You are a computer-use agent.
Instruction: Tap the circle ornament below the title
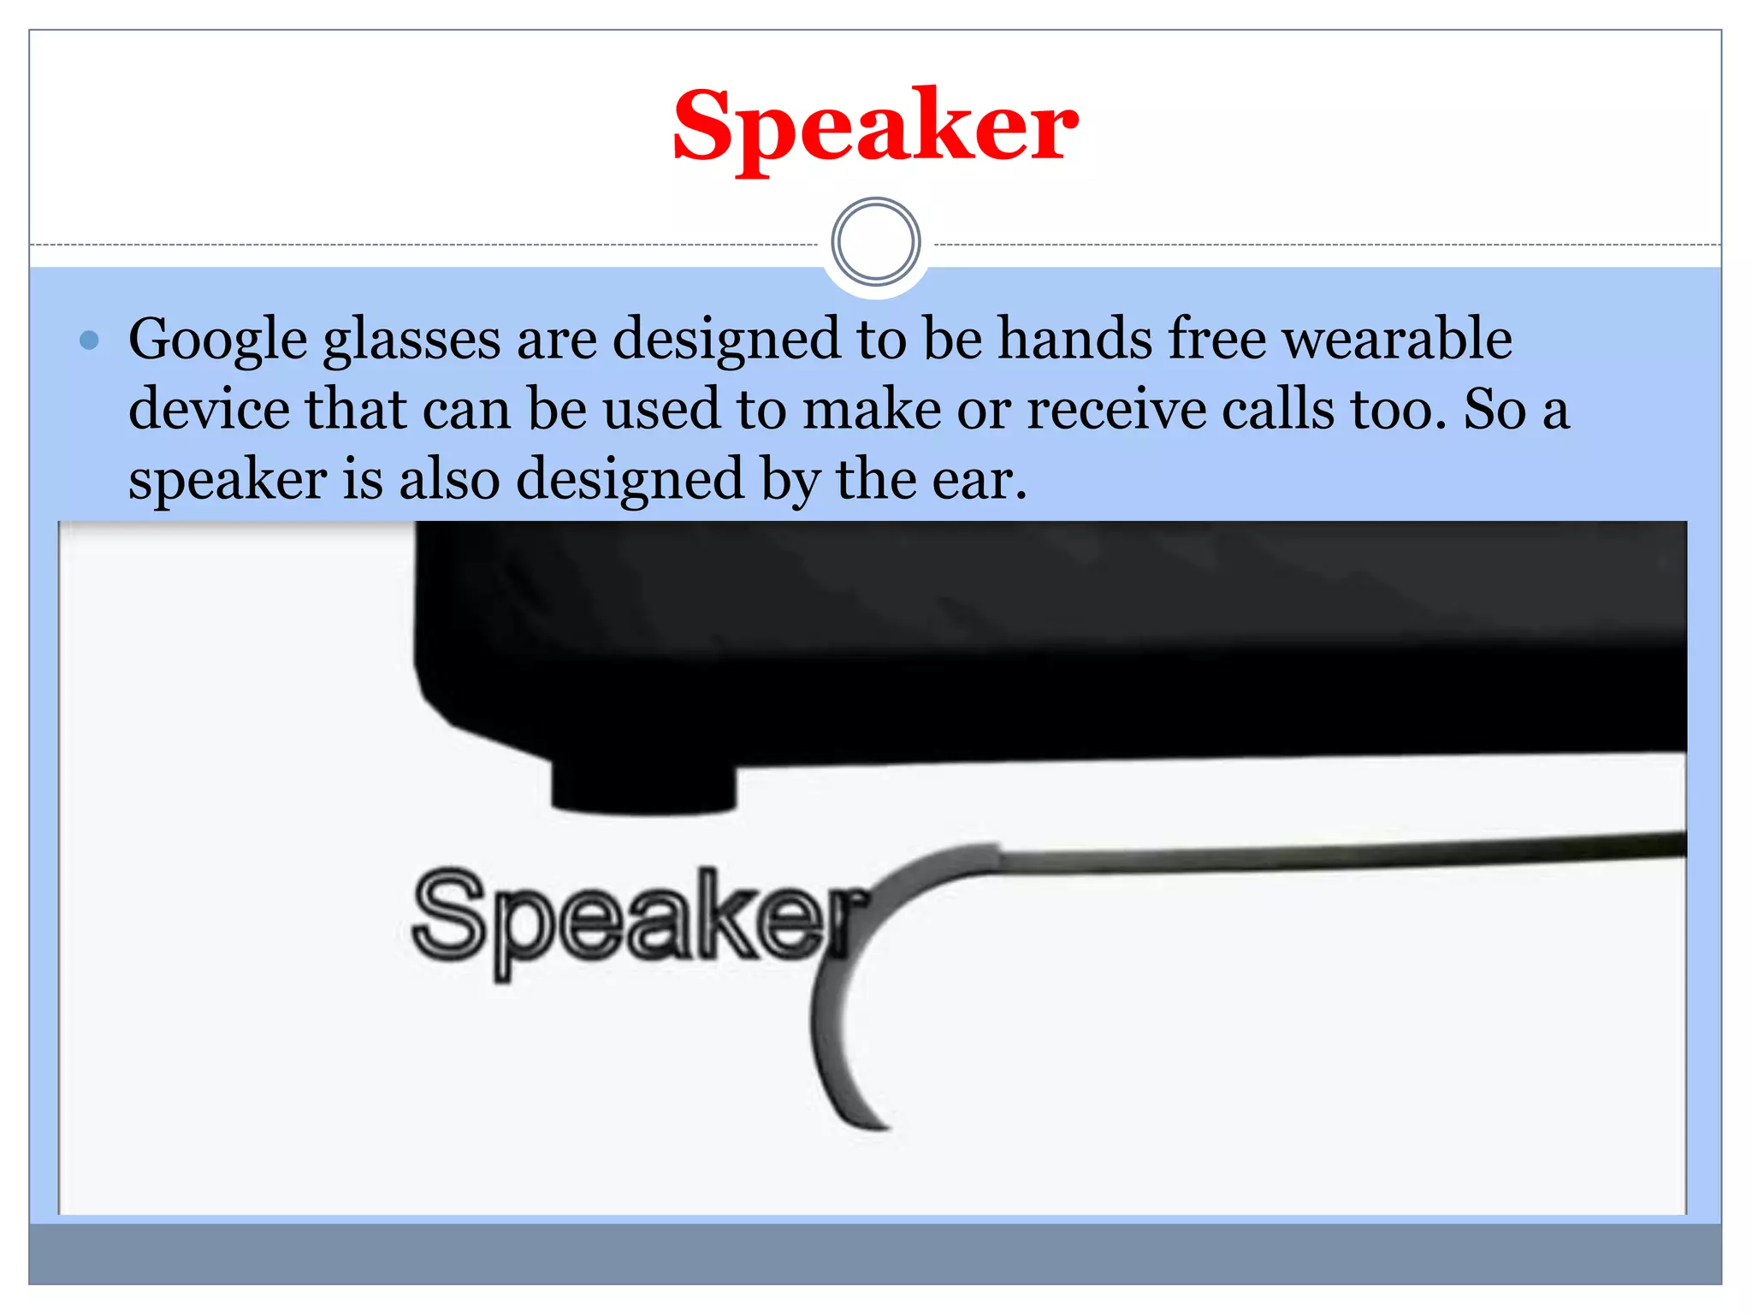click(x=875, y=242)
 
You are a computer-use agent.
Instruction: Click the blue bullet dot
click(x=89, y=340)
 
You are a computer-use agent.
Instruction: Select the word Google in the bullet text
click(x=217, y=340)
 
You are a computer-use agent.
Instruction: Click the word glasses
click(x=411, y=340)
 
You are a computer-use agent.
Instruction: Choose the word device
click(x=209, y=408)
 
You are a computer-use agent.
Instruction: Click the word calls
click(x=1277, y=409)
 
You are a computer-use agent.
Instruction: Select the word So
click(x=1495, y=409)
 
